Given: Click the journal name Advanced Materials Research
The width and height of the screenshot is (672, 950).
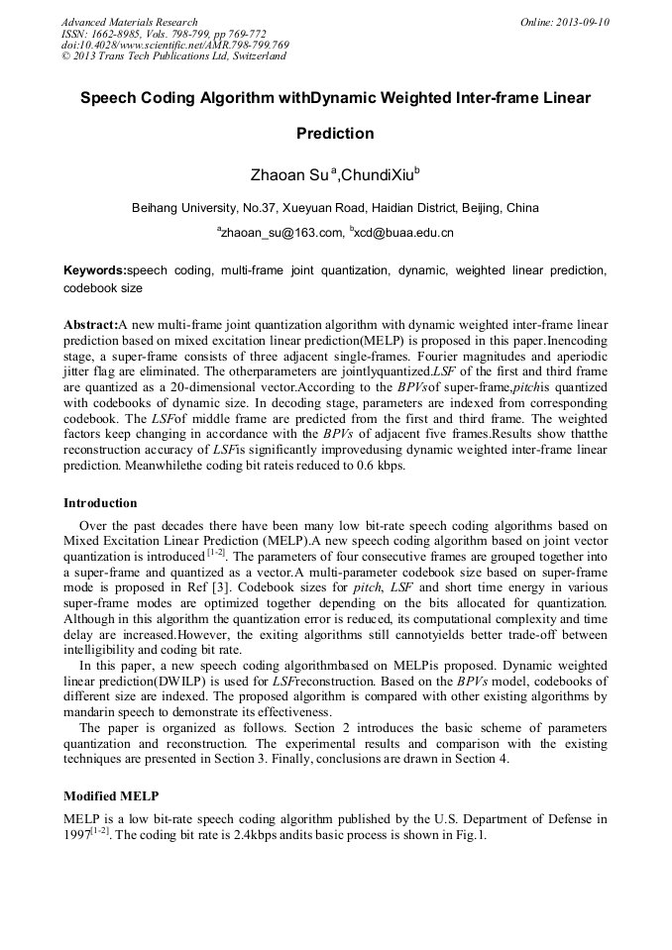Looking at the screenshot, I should pyautogui.click(x=129, y=22).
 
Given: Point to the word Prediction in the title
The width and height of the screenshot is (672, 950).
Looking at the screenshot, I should pyautogui.click(x=335, y=134).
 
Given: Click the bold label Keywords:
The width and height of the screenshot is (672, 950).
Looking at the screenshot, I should pyautogui.click(x=95, y=270).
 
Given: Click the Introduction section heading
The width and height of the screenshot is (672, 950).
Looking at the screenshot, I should pyautogui.click(x=100, y=504).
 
